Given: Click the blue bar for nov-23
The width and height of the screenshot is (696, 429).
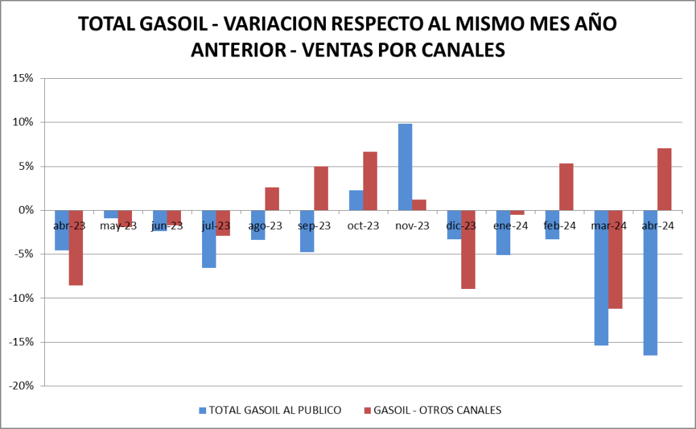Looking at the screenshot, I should (x=405, y=167).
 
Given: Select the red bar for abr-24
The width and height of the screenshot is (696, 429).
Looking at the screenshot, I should (x=664, y=179).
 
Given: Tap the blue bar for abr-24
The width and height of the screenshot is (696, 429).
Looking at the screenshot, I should (x=650, y=283).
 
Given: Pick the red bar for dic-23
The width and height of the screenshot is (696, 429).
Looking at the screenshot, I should (x=468, y=250).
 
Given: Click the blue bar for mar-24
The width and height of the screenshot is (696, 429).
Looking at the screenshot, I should (x=601, y=278).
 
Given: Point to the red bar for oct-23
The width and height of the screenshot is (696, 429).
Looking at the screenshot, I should (x=370, y=181).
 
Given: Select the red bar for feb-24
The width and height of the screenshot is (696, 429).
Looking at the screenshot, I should (x=566, y=187).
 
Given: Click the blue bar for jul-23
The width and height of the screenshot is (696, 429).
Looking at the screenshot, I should (x=209, y=239).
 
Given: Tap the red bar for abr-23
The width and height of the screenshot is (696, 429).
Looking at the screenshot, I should (x=76, y=247).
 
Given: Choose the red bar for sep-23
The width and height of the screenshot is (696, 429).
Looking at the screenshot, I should (x=321, y=188).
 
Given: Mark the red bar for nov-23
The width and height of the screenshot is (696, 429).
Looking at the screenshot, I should (x=419, y=205).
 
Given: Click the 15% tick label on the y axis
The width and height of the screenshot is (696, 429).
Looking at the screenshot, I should (x=22, y=78).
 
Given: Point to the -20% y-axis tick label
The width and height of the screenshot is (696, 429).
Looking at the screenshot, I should (x=20, y=386).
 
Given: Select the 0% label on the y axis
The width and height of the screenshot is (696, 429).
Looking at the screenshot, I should (x=25, y=210).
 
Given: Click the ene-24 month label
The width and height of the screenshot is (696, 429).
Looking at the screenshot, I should (x=510, y=226).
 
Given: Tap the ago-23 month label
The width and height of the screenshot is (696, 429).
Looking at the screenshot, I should (x=265, y=226).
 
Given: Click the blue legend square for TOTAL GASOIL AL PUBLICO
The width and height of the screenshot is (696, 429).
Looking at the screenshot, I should (x=202, y=410).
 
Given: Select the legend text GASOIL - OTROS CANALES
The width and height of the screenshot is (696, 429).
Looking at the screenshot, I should (x=439, y=410).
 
